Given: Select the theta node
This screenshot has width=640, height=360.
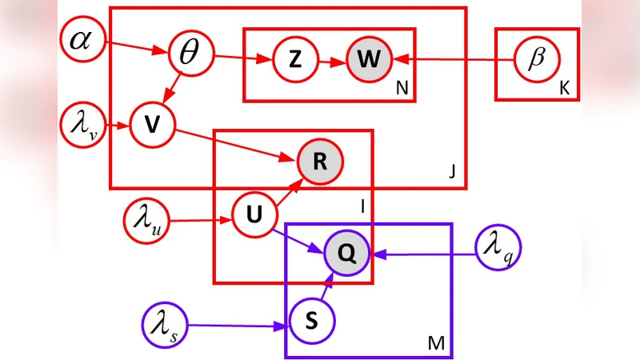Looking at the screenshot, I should tap(189, 55).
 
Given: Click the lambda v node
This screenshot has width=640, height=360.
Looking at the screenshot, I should tap(83, 126).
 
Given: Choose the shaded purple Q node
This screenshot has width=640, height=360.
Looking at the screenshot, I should tap(346, 254).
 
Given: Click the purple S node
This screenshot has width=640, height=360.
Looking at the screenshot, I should tap(311, 320).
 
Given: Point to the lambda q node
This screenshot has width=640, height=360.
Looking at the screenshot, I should tap(498, 249).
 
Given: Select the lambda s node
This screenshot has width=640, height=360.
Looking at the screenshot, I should tap(163, 325).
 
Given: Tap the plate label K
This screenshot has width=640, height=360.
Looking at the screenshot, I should tap(564, 90).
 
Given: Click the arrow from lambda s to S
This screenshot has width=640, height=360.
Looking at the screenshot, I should tap(236, 326).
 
